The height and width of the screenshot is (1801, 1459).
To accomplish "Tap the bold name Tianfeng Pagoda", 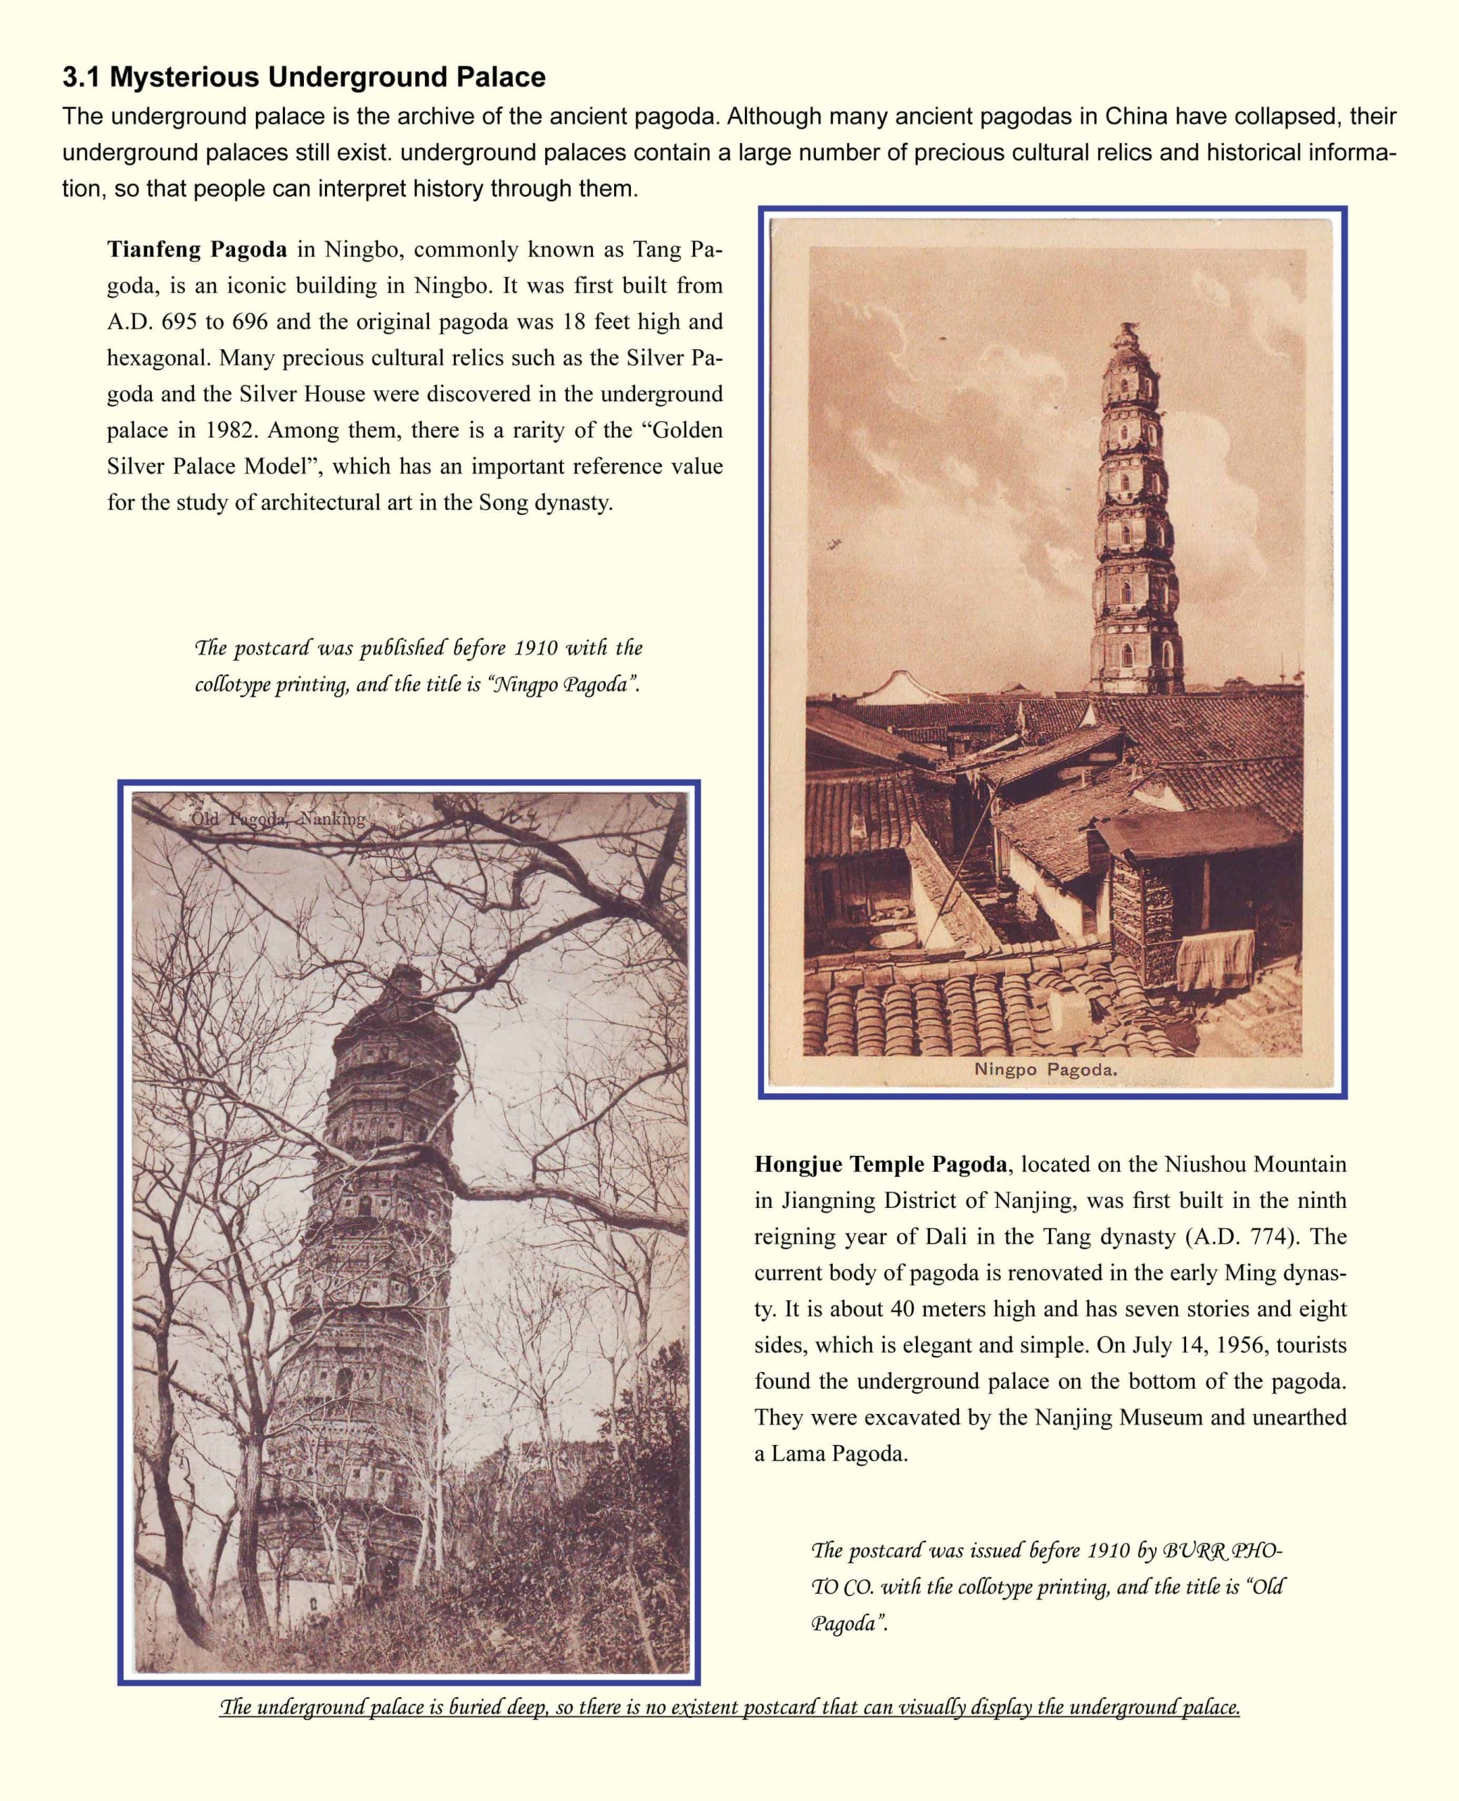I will pos(197,250).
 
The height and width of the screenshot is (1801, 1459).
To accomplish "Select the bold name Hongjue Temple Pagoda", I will pos(880,1164).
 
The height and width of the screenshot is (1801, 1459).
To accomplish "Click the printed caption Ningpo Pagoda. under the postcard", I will pos(1045,1070).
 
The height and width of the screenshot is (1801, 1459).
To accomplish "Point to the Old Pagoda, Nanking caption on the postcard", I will pos(277,819).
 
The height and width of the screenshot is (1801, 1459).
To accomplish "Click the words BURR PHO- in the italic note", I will pos(1223,1551).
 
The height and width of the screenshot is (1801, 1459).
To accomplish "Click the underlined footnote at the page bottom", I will pos(729,1707).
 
